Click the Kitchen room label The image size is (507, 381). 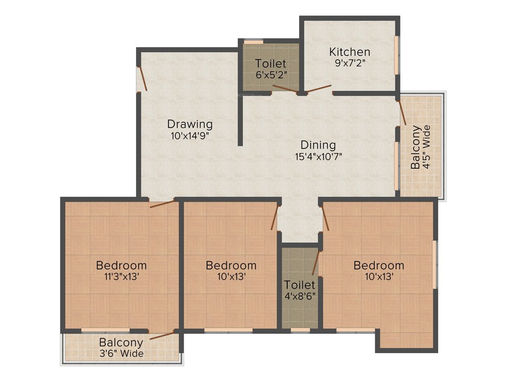(x=350, y=52)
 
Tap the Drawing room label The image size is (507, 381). (x=190, y=124)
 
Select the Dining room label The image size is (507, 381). (x=318, y=145)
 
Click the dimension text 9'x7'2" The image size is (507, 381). (x=350, y=63)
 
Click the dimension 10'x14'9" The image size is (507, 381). (x=190, y=135)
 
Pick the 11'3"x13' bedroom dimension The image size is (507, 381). (x=121, y=277)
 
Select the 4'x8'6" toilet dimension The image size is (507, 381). (x=300, y=296)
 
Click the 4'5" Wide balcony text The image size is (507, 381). (x=427, y=147)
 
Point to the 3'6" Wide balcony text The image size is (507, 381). (x=121, y=353)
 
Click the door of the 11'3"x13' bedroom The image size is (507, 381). (x=162, y=203)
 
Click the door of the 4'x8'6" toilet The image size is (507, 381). (x=315, y=263)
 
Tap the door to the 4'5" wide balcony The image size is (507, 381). (x=403, y=112)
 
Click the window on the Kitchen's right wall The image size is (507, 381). (x=396, y=55)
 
